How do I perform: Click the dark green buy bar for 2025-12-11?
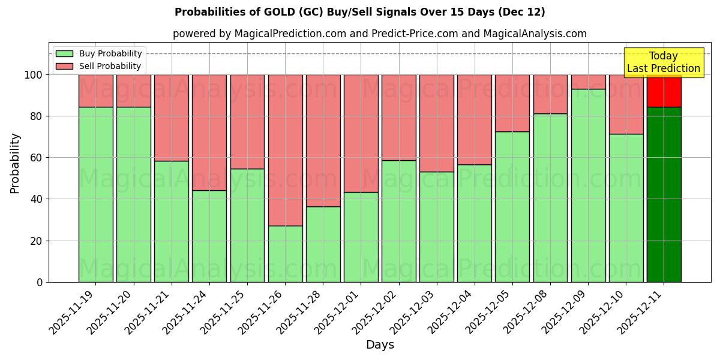pyautogui.click(x=664, y=194)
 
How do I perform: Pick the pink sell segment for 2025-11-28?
pyautogui.click(x=323, y=140)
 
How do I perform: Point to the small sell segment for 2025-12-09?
pyautogui.click(x=588, y=82)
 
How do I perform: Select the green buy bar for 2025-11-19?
pyautogui.click(x=95, y=194)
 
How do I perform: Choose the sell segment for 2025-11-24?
pyautogui.click(x=209, y=132)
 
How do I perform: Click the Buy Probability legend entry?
pyautogui.click(x=99, y=53)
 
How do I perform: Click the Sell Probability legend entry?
pyautogui.click(x=99, y=66)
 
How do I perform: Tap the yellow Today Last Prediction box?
pyautogui.click(x=664, y=62)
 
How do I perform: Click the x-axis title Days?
pyautogui.click(x=380, y=345)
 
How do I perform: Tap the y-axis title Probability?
pyautogui.click(x=15, y=163)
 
